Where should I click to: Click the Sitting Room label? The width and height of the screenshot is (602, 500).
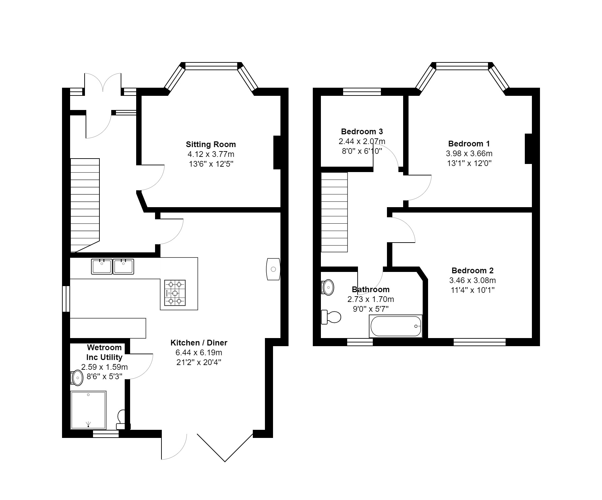click(211, 144)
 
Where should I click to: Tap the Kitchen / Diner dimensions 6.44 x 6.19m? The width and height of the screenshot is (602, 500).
click(199, 353)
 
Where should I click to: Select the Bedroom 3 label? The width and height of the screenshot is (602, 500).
click(362, 132)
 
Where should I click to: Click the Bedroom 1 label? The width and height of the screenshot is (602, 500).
click(469, 144)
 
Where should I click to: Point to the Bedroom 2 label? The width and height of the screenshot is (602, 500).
click(472, 271)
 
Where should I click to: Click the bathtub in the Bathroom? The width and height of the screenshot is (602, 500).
click(396, 326)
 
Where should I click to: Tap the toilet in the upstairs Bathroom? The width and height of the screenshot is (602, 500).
click(331, 317)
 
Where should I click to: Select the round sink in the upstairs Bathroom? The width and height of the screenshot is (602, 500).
click(328, 287)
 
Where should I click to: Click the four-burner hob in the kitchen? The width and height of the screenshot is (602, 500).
click(175, 293)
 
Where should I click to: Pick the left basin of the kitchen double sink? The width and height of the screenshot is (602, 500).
click(101, 266)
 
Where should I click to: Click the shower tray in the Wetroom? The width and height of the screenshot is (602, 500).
click(88, 410)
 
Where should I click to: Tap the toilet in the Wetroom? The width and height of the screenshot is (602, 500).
click(121, 419)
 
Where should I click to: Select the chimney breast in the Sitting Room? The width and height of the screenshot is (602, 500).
click(277, 152)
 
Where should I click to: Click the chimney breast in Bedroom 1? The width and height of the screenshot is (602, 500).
click(528, 149)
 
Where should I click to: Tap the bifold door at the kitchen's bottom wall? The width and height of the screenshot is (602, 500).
click(225, 447)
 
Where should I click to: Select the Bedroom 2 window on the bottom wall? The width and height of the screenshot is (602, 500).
click(479, 342)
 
